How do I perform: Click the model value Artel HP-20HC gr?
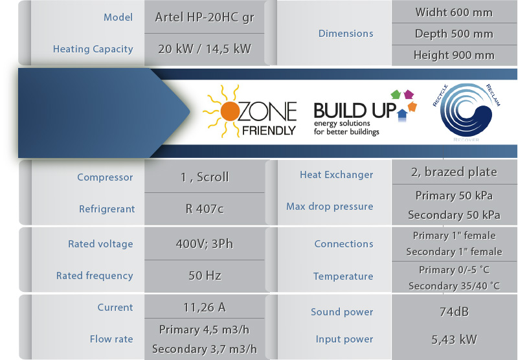(x=205, y=17)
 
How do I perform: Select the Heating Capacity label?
(x=93, y=49)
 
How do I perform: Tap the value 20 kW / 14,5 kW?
(x=205, y=49)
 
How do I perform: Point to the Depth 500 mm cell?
(x=454, y=34)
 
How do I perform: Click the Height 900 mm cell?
(x=454, y=55)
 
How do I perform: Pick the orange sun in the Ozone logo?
(x=229, y=111)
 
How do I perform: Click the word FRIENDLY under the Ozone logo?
(x=269, y=130)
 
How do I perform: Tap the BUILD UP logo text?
(x=354, y=110)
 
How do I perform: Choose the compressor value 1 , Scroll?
(x=205, y=177)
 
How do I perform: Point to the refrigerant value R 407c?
(x=205, y=208)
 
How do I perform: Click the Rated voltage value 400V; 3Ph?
(x=205, y=243)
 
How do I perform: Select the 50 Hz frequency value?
(x=205, y=275)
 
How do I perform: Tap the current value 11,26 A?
(x=205, y=307)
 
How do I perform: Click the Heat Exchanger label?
(x=336, y=175)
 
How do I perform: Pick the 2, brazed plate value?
(x=454, y=172)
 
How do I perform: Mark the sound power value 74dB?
(x=454, y=311)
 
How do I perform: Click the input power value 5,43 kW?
(x=454, y=339)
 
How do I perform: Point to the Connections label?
(x=344, y=243)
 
